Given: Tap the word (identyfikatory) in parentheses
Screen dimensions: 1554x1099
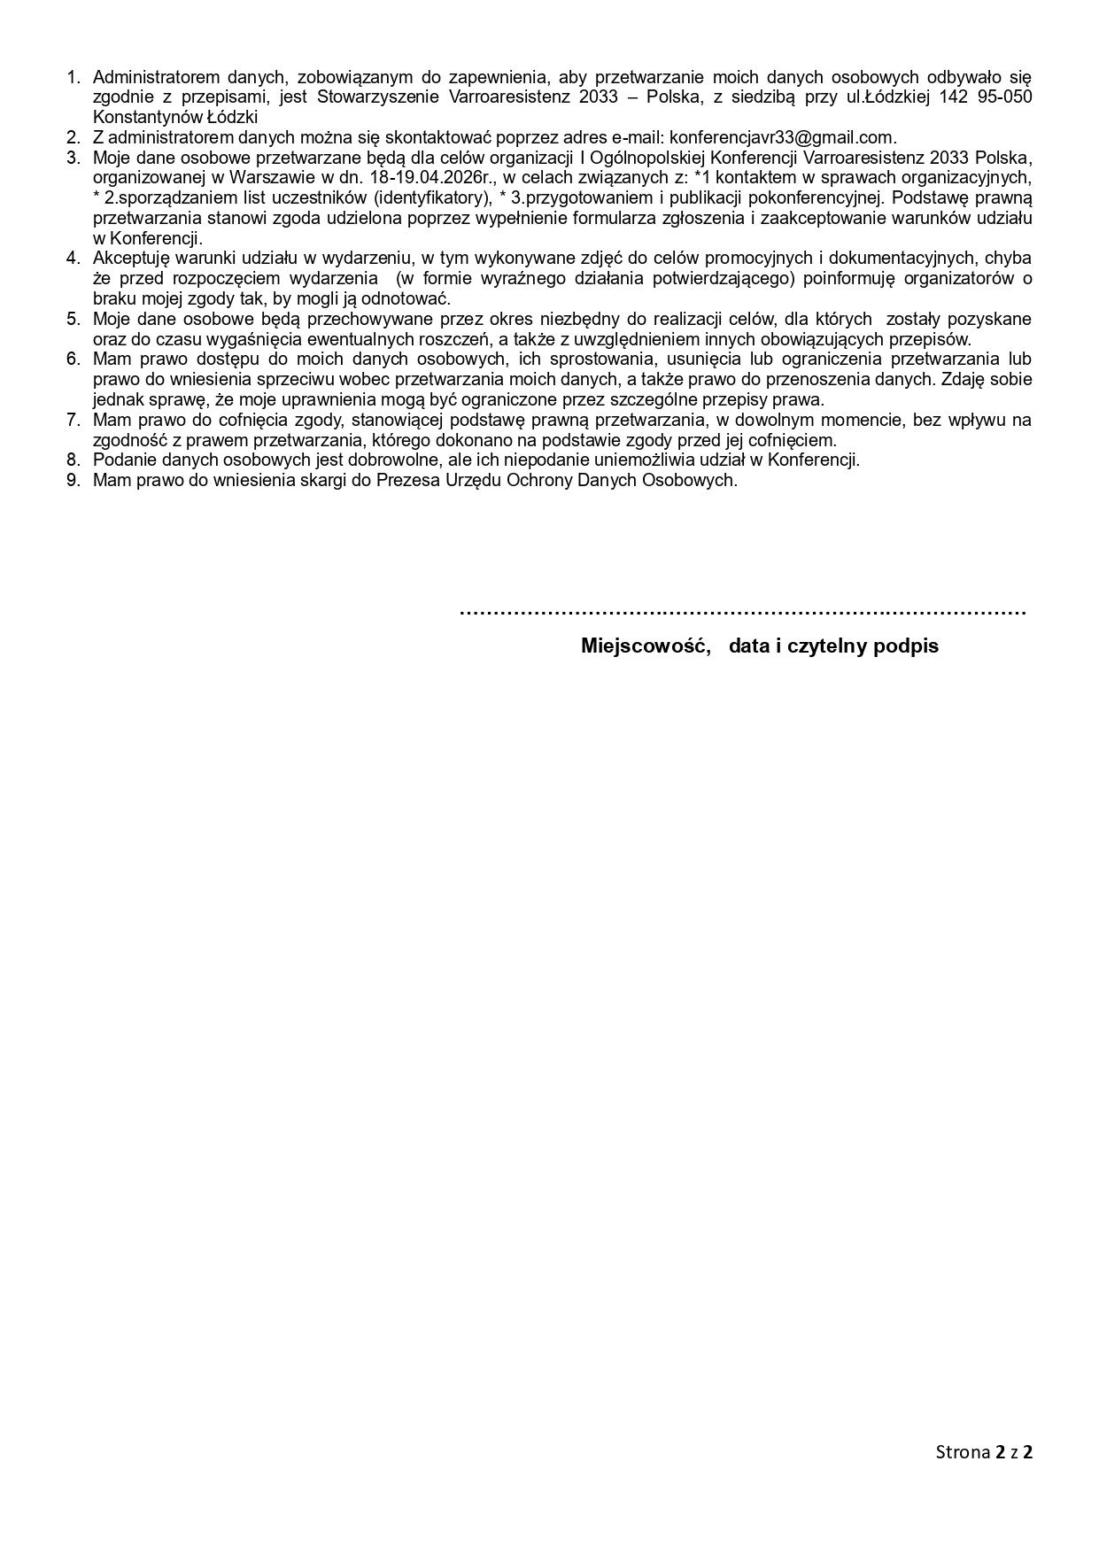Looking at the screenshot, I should (x=434, y=197).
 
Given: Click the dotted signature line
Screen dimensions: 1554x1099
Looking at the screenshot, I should (x=742, y=612).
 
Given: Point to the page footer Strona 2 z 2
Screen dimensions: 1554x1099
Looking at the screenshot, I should (x=985, y=1451).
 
